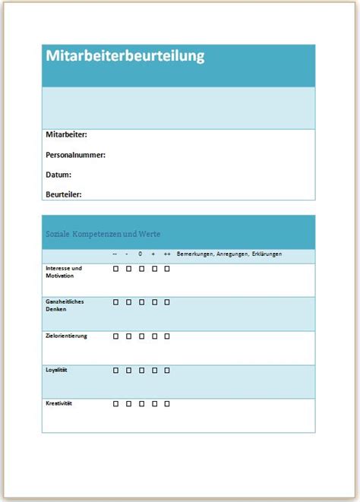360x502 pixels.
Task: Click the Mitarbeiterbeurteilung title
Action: click(125, 56)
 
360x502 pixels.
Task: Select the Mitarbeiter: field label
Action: click(67, 134)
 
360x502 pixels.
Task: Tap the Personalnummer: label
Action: click(75, 154)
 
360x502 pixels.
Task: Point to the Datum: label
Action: click(58, 174)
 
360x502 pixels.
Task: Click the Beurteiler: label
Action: click(64, 194)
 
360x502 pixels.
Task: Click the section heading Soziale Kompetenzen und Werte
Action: click(103, 234)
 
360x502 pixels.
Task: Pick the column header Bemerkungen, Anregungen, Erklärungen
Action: click(229, 254)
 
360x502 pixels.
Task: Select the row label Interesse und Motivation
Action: click(64, 271)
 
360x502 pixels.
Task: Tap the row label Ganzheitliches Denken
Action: click(65, 305)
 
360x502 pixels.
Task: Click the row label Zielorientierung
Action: click(66, 336)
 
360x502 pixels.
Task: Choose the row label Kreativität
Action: click(59, 403)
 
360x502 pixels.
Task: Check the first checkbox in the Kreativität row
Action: click(115, 403)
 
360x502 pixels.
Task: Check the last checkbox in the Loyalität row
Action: click(167, 370)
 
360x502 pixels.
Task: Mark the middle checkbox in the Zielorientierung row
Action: click(141, 336)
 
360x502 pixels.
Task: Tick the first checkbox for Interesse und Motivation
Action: click(115, 269)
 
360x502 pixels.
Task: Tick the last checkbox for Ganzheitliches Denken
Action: click(167, 302)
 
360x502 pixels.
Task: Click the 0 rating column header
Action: click(141, 254)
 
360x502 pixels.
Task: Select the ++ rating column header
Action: click(166, 254)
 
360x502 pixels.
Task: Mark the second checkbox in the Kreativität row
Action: click(128, 403)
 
